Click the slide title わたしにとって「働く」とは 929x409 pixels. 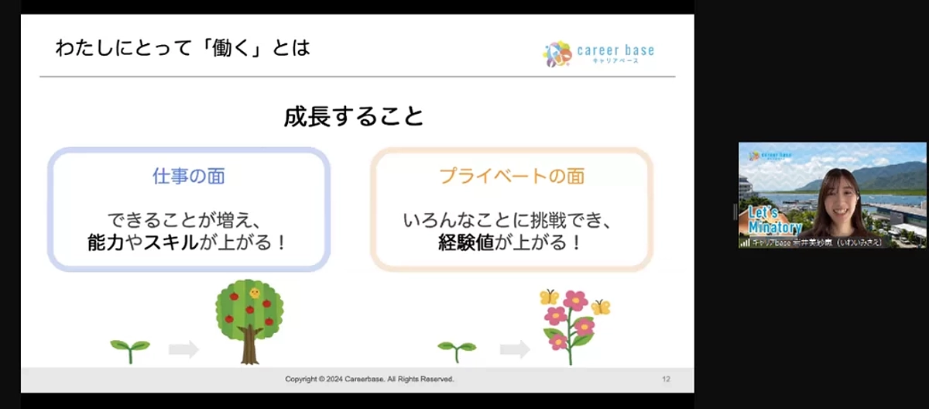183,48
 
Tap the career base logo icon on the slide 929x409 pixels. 557,53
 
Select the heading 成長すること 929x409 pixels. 354,116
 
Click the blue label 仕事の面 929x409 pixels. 189,177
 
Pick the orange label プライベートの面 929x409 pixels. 512,177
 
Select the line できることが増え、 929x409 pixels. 188,220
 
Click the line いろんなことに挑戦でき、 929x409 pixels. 511,220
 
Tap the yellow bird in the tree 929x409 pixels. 255,293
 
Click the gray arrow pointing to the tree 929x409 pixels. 183,349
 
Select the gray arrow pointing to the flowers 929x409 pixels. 515,349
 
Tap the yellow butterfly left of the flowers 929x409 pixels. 549,297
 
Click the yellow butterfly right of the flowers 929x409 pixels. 601,307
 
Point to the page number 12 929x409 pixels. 666,379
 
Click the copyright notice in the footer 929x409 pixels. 369,379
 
